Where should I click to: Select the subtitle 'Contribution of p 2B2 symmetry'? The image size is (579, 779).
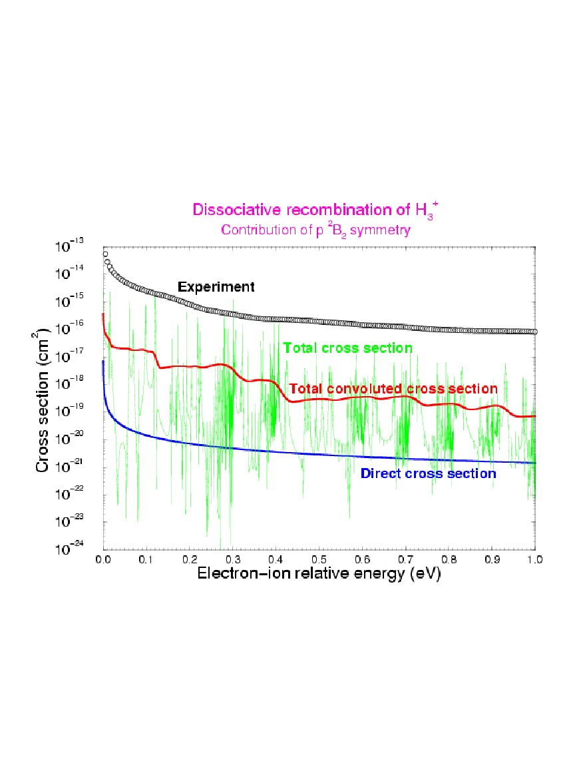[x=315, y=231]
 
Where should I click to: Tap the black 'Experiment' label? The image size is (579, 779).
[x=216, y=287]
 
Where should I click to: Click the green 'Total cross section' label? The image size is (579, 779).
[x=347, y=348]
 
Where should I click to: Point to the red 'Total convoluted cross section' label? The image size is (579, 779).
[x=393, y=388]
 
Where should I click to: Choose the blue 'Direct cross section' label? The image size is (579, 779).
[x=428, y=474]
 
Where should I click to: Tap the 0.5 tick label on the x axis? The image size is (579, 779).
[x=319, y=557]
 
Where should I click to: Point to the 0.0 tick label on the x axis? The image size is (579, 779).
[x=103, y=557]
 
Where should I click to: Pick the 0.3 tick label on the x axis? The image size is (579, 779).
[x=233, y=557]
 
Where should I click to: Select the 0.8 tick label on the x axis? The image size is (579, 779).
[x=449, y=557]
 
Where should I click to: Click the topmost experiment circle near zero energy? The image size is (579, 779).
[x=105, y=254]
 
